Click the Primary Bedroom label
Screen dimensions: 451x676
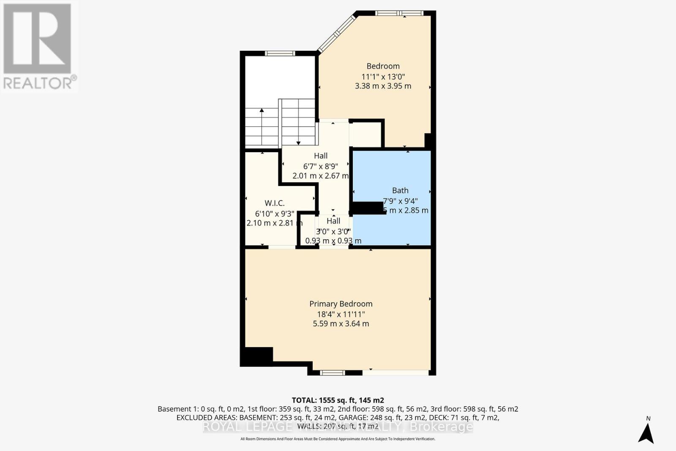[341, 304]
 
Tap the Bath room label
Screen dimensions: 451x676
[400, 191]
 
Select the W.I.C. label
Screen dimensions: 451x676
[275, 203]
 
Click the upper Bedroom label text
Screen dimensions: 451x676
[383, 66]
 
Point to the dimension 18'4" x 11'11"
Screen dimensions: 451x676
[341, 314]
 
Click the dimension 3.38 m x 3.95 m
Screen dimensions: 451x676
[383, 86]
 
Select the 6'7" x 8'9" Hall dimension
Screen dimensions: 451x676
[320, 166]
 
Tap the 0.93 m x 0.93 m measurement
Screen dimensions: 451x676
[333, 241]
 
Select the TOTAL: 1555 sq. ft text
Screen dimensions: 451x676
[338, 400]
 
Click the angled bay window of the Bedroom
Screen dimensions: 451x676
[337, 33]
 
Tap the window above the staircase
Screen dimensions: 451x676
[280, 53]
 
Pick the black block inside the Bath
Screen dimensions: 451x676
[368, 208]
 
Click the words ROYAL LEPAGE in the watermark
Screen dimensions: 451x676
[247, 427]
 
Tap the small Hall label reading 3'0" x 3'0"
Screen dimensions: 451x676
[333, 231]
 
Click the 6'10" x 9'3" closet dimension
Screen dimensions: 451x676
[275, 213]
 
